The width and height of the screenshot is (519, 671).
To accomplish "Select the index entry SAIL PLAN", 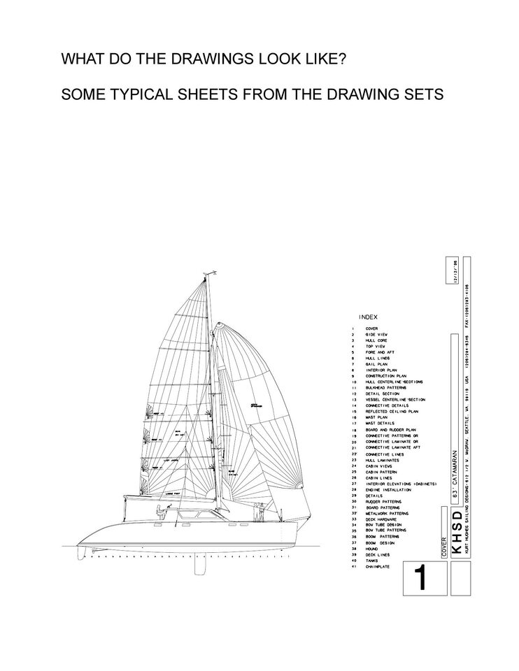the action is [377, 364].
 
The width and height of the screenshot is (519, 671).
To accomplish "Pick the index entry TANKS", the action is [371, 561].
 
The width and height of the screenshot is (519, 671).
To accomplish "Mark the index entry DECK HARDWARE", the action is [381, 519].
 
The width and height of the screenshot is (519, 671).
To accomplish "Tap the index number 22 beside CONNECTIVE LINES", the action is [355, 454].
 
